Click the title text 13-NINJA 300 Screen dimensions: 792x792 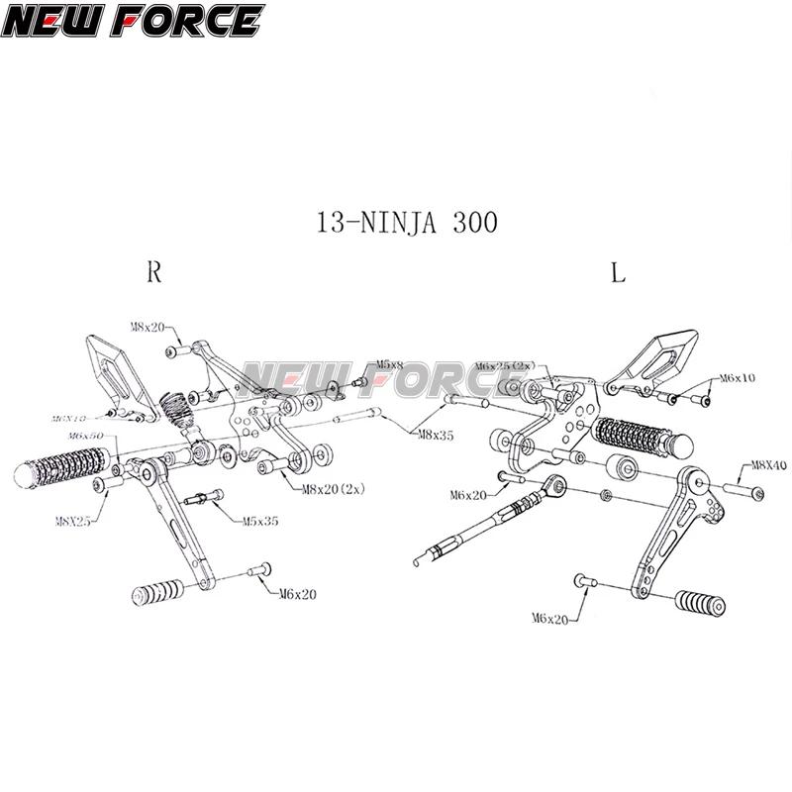(x=407, y=221)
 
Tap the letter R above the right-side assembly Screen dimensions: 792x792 (x=154, y=273)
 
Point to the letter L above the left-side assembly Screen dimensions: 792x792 (x=618, y=274)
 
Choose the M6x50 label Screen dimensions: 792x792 (x=86, y=436)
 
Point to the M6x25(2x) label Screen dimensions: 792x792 (x=506, y=365)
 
